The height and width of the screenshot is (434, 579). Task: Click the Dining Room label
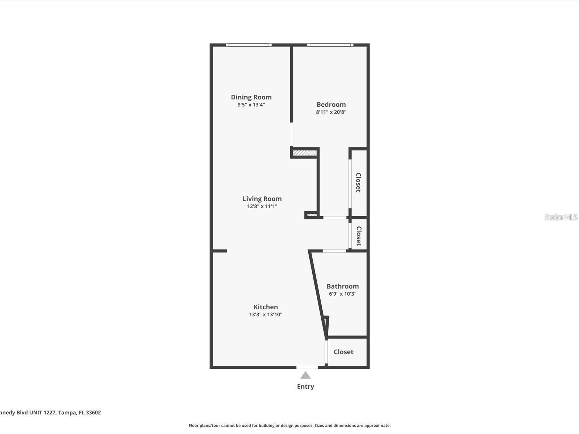click(x=251, y=97)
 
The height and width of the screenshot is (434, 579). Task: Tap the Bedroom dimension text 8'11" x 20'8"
click(x=331, y=112)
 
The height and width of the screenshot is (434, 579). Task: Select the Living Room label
click(x=262, y=199)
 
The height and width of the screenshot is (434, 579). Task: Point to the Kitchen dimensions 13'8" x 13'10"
click(x=266, y=315)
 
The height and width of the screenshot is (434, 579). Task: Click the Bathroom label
click(x=343, y=286)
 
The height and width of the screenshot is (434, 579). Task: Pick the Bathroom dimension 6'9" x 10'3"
click(x=343, y=294)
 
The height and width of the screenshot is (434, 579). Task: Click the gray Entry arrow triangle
click(x=305, y=375)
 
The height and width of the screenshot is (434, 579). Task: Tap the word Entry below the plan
click(x=305, y=387)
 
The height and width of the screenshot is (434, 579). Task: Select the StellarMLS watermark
click(x=561, y=217)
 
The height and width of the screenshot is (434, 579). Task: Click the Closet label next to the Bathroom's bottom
click(x=343, y=352)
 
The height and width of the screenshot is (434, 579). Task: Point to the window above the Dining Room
click(x=249, y=45)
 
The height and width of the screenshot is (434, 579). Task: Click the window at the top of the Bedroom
click(x=330, y=45)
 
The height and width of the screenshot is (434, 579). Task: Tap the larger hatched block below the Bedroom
click(x=305, y=153)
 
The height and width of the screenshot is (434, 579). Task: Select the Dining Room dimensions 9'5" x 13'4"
click(x=251, y=105)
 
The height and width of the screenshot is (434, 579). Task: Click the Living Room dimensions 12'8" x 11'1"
click(x=262, y=207)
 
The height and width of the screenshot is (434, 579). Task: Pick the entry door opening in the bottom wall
click(x=307, y=367)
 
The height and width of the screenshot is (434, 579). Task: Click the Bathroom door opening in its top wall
click(x=334, y=251)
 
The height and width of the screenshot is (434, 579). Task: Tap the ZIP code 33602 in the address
click(x=93, y=413)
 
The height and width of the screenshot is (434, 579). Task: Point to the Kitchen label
click(x=266, y=307)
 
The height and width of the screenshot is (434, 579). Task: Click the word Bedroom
click(x=331, y=105)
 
